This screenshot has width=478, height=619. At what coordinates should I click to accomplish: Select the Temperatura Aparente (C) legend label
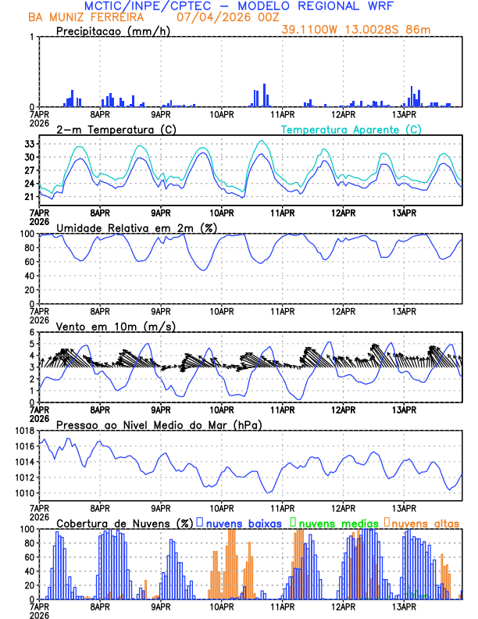351,129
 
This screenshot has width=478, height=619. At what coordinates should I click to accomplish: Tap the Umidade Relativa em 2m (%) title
136,227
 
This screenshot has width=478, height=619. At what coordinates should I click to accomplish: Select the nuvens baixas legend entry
241,523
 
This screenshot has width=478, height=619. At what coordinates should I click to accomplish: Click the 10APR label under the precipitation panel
222,113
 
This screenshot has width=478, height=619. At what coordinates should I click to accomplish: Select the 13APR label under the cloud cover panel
404,606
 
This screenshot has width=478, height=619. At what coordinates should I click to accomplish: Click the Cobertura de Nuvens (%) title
124,523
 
